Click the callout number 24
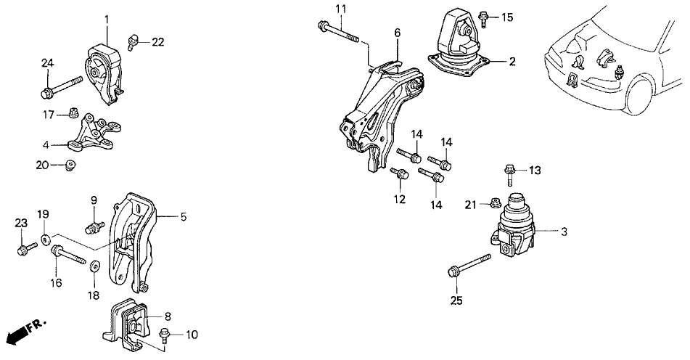click(48, 63)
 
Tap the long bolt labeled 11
click(338, 33)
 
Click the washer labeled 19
click(45, 240)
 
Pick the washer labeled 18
click(94, 266)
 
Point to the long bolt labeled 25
click(469, 265)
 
